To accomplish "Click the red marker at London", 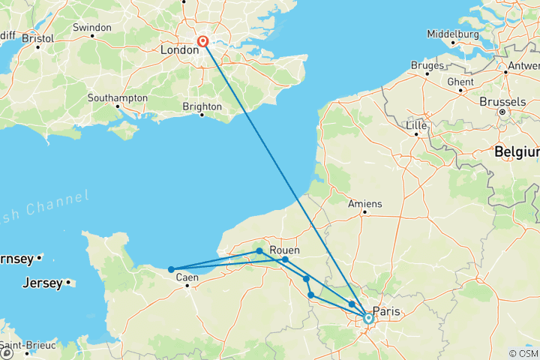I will click(202, 42).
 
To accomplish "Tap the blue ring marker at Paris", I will click(368, 318).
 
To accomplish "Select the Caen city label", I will click(187, 277).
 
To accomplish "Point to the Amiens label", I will click(365, 203).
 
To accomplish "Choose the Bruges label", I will click(427, 65).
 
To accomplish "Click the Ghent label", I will click(460, 82).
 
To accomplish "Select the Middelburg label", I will click(452, 34).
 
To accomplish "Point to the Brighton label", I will click(202, 106).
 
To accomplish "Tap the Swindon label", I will click(91, 27).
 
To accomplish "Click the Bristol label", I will click(37, 37).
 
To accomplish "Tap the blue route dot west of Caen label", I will click(171, 269).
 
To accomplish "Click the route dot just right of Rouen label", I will click(285, 259).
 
